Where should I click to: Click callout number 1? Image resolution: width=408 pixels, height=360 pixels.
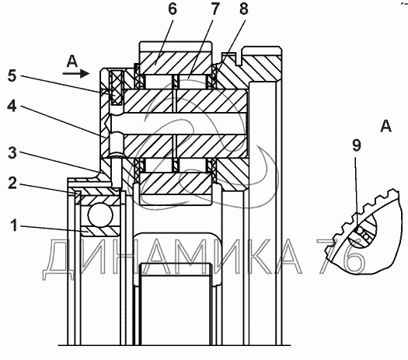(14, 225)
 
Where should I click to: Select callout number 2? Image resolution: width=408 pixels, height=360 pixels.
(12, 183)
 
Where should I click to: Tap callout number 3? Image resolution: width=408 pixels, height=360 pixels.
(12, 153)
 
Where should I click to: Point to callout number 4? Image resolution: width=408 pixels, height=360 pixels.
(12, 107)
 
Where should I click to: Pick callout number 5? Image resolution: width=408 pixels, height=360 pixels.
(12, 76)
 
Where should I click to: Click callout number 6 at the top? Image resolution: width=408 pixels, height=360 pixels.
(173, 9)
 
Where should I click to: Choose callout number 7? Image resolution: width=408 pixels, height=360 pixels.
(215, 9)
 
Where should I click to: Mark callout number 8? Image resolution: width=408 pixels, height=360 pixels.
(243, 9)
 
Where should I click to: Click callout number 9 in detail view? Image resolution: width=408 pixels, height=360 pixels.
(357, 145)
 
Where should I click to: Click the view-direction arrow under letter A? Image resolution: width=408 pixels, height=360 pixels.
(76, 74)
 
